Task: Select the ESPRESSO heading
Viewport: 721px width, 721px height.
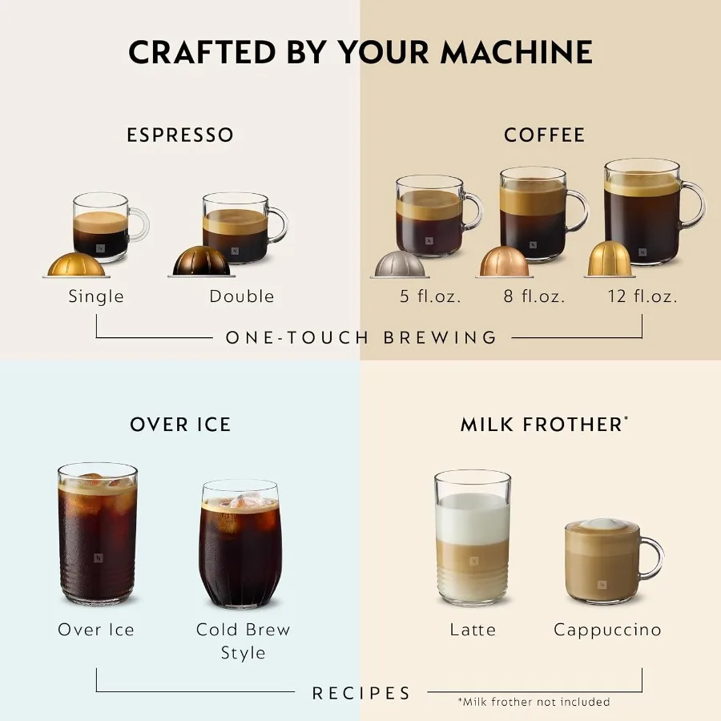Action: [180, 135]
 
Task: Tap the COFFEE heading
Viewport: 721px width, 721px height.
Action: [544, 135]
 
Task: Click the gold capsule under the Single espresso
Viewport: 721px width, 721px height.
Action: [78, 264]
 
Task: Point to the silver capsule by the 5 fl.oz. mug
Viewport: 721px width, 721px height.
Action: [401, 264]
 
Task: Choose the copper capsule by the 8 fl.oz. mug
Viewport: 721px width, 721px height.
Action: [504, 262]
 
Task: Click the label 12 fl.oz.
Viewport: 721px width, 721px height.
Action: [641, 296]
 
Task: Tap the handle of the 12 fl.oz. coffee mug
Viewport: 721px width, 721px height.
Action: [694, 206]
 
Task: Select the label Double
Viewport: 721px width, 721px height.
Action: [241, 296]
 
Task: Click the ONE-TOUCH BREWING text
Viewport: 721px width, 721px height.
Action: [361, 337]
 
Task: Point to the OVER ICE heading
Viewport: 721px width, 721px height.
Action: [180, 425]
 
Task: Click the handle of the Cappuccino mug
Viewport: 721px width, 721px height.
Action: [653, 558]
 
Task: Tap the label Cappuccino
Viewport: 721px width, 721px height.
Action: [607, 630]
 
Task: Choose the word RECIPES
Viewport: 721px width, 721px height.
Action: [361, 693]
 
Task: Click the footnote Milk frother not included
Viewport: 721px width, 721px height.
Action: [534, 702]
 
